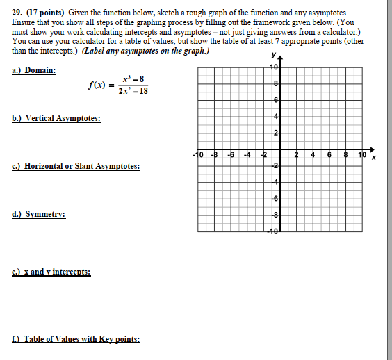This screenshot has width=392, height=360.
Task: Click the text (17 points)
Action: [x=47, y=13]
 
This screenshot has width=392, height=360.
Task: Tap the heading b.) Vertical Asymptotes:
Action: [x=56, y=119]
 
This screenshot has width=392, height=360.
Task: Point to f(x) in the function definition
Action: [x=96, y=85]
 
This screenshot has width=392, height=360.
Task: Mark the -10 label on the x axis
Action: [x=197, y=154]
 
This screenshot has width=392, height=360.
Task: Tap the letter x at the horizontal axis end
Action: [x=373, y=159]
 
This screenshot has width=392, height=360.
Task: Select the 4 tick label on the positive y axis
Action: [x=276, y=115]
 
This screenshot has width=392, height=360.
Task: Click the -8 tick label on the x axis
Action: [x=214, y=154]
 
